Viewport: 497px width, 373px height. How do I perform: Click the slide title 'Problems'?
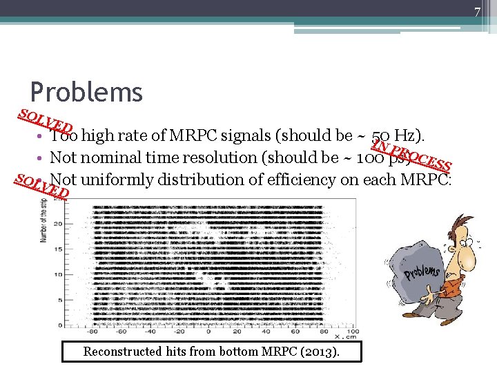pyautogui.click(x=86, y=92)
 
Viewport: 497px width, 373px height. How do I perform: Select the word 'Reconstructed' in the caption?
pyautogui.click(x=121, y=352)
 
